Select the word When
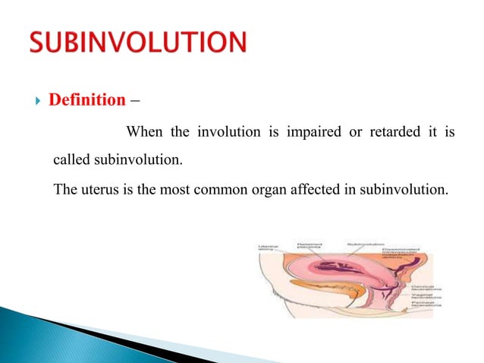click(146, 134)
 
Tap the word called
click(72, 161)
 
